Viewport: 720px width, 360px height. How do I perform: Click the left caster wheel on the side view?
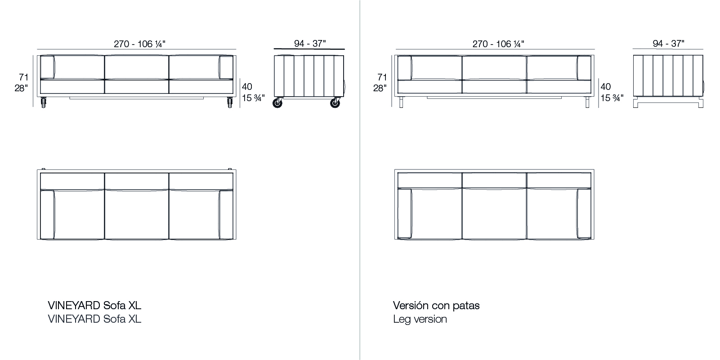277,103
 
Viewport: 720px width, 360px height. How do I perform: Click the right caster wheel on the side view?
335,103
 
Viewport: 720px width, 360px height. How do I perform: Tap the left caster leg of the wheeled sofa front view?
43,102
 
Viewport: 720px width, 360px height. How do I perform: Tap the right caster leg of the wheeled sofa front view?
230,102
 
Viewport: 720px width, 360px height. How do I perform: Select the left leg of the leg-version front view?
401,102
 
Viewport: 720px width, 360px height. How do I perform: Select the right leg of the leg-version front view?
587,102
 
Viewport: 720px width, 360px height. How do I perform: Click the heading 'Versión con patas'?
436,306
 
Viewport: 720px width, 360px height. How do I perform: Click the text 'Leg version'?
420,319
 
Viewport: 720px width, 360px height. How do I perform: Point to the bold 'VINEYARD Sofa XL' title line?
94,306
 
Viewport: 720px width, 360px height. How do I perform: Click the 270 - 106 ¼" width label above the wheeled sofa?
139,44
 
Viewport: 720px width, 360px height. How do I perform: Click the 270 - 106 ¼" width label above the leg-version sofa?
498,44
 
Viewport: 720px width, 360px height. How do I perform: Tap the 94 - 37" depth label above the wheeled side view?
310,43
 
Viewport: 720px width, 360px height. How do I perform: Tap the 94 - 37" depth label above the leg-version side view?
669,43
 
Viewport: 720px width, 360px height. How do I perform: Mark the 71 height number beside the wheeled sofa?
24,77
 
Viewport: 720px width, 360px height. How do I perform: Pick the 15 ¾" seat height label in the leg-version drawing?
612,98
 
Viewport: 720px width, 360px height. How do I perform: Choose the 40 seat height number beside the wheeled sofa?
247,86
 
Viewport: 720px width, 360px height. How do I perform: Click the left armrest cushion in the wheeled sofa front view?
47,67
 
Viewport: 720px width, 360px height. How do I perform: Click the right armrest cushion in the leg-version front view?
584,68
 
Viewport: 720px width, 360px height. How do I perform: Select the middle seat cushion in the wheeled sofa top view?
137,214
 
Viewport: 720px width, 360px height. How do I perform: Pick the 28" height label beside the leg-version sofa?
380,88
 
